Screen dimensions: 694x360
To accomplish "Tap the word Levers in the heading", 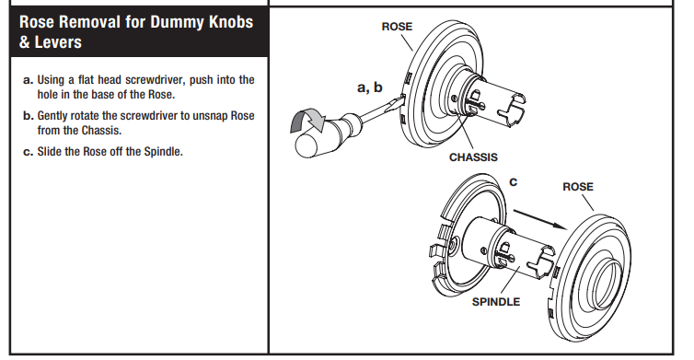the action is coord(58,42).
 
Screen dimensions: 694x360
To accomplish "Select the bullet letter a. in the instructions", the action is coord(29,80).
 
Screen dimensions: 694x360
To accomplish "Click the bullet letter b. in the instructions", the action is coord(29,116).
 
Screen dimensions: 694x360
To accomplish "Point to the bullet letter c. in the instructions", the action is coord(29,152).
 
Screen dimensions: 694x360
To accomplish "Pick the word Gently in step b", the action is coord(52,116).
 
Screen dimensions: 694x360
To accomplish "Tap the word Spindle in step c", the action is coord(162,151).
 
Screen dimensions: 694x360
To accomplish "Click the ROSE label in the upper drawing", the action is coord(397,27).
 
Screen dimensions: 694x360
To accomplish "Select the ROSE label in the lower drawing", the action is coord(578,187).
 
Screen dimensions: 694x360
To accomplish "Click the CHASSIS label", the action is coord(473,157).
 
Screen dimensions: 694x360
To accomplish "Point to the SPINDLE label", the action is coord(496,302).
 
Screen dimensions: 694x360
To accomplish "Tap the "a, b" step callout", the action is coord(370,87).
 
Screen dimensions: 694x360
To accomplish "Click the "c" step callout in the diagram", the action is coord(513,182).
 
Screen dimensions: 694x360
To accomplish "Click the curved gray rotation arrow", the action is coord(307,120).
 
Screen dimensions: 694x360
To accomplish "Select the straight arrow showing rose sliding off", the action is coord(540,220).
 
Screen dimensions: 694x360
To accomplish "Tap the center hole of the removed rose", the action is coord(604,285).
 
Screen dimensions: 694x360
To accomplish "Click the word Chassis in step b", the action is coord(101,131).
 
